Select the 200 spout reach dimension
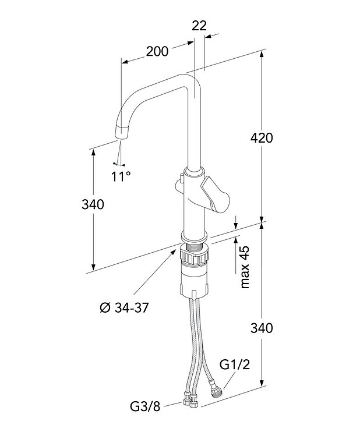tap(157, 51)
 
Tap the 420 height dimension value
tap(262, 138)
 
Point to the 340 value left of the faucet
tap(93, 204)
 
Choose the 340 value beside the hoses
tap(262, 328)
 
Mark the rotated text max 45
tap(245, 267)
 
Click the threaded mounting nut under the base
tap(195, 256)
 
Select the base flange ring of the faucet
tap(195, 236)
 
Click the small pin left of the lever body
tap(182, 176)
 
